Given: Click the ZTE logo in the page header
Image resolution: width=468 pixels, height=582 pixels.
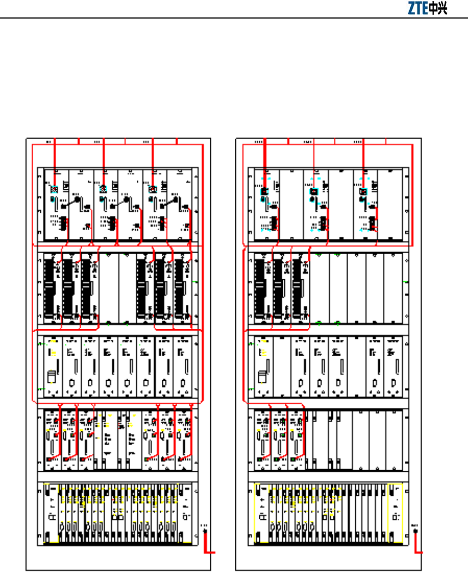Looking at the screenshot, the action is (428, 9).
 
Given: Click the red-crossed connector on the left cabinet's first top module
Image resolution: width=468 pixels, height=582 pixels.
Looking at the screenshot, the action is (54, 189).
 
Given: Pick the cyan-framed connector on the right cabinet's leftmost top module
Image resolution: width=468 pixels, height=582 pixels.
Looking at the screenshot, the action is (264, 191).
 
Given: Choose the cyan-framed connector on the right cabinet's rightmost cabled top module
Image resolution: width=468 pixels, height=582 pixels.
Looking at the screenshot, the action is (363, 191).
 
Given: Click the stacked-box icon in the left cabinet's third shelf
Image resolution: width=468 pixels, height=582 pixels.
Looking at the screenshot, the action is (51, 377).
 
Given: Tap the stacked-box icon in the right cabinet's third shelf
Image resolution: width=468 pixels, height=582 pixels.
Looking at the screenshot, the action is (262, 377).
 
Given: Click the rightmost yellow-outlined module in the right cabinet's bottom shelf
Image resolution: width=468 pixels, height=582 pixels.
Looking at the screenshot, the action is (394, 513).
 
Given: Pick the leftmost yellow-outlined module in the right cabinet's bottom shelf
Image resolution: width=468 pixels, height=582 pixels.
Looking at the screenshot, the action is (262, 513).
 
